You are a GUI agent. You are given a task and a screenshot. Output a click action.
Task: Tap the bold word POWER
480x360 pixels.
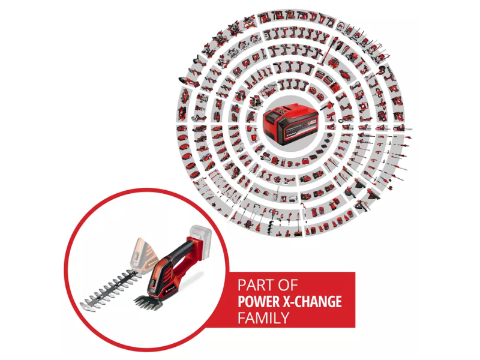pyautogui.click(x=262, y=300)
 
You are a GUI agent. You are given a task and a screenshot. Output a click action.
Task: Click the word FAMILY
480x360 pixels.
pyautogui.click(x=264, y=316)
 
